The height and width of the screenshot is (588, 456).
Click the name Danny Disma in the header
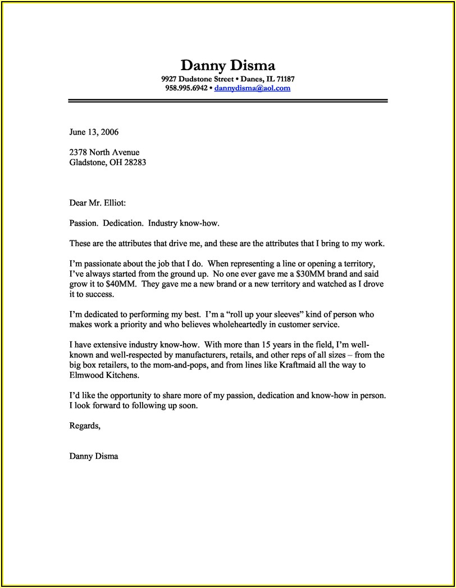click(227, 65)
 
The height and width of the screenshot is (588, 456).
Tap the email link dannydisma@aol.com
click(252, 88)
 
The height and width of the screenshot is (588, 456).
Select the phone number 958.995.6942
click(186, 88)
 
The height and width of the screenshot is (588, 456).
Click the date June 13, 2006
click(94, 133)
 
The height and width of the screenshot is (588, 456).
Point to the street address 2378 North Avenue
click(104, 152)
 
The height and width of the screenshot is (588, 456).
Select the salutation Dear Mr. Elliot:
click(102, 203)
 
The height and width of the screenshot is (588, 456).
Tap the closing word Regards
click(85, 426)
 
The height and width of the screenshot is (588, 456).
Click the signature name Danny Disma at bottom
click(94, 456)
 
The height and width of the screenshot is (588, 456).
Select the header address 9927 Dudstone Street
click(197, 79)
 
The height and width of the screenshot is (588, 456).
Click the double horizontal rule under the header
click(227, 101)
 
